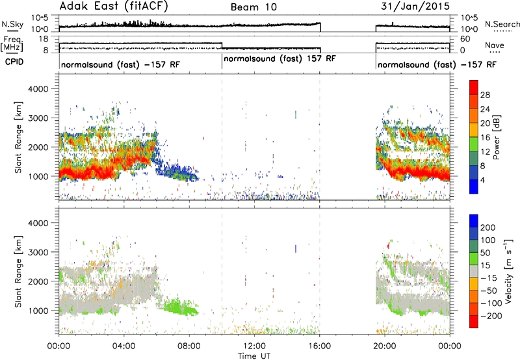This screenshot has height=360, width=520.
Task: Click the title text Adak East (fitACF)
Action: pyautogui.click(x=114, y=6)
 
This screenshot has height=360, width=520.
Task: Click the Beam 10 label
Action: pyautogui.click(x=253, y=7)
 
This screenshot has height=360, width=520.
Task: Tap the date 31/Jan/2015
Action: pyautogui.click(x=415, y=6)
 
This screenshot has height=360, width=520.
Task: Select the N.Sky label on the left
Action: pyautogui.click(x=12, y=24)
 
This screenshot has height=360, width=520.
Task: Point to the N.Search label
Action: pyautogui.click(x=502, y=24)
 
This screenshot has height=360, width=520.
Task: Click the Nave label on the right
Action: pyautogui.click(x=495, y=45)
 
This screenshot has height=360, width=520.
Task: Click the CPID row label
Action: pyautogui.click(x=14, y=62)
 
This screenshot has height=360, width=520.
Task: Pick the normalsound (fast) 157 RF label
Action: pyautogui.click(x=279, y=58)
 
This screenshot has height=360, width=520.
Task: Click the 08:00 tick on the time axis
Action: pyautogui.click(x=189, y=346)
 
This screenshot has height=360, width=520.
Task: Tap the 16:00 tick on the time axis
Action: pyautogui.click(x=319, y=346)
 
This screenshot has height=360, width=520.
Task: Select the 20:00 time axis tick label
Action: pyautogui.click(x=385, y=346)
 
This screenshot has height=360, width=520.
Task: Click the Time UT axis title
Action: pyautogui.click(x=254, y=355)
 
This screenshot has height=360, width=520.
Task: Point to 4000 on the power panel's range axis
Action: pyautogui.click(x=38, y=89)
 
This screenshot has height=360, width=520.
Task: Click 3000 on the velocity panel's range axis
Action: pyautogui.click(x=38, y=252)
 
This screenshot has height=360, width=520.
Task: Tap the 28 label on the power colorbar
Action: pyautogui.click(x=485, y=95)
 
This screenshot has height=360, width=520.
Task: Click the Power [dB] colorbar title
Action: pyautogui.click(x=497, y=137)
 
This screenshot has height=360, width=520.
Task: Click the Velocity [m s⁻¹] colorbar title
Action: pyautogui.click(x=508, y=271)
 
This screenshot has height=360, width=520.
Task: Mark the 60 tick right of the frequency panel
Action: pyautogui.click(x=465, y=39)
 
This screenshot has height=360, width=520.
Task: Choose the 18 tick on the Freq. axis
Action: pyautogui.click(x=44, y=39)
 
